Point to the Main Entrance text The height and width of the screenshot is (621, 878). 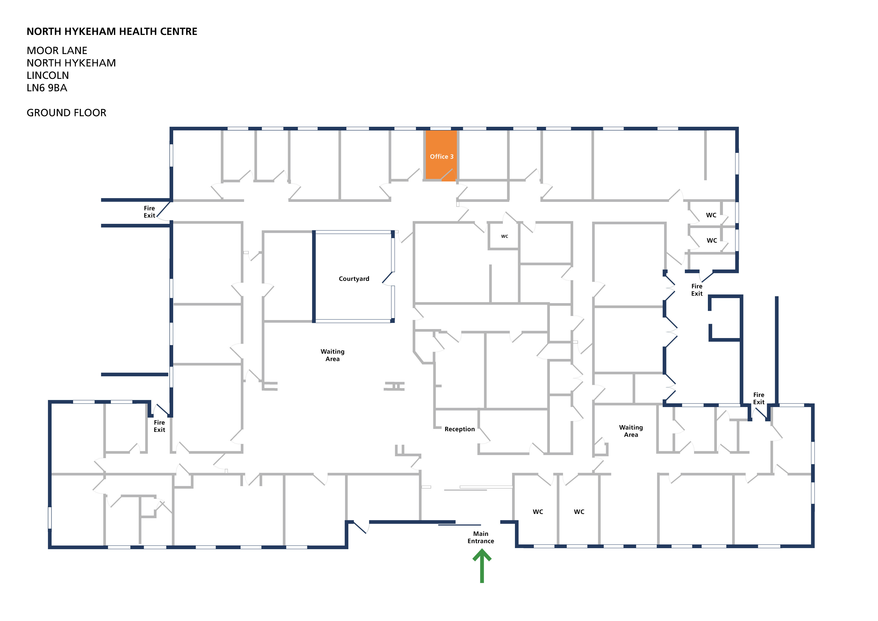pyautogui.click(x=481, y=537)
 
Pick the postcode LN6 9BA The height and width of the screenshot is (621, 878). pyautogui.click(x=47, y=88)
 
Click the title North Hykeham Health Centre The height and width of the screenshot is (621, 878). pyautogui.click(x=112, y=31)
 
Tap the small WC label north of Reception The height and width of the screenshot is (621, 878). pyautogui.click(x=504, y=236)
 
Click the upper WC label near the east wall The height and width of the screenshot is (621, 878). pyautogui.click(x=711, y=215)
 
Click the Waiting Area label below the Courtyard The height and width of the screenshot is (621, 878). pyautogui.click(x=332, y=355)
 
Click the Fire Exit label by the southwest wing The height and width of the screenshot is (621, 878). pyautogui.click(x=159, y=426)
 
